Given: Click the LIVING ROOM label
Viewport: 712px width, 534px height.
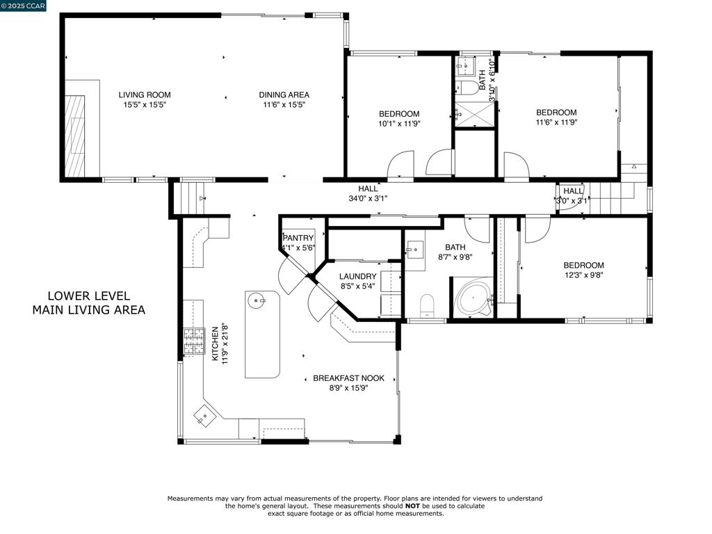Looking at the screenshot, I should (144, 95).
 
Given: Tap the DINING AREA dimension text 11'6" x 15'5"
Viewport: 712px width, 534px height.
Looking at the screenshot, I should (284, 105).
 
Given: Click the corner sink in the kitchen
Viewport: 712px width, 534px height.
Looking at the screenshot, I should (205, 416).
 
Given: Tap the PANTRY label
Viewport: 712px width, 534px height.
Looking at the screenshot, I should (298, 238).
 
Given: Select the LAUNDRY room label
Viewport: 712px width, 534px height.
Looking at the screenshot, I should (357, 277).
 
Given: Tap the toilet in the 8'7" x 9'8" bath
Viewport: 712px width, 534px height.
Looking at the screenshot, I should (427, 305).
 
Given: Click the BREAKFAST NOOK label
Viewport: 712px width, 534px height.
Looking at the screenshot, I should (348, 378).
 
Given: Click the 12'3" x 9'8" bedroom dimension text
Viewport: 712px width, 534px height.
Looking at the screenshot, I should (583, 275).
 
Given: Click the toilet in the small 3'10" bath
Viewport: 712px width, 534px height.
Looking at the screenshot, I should (469, 87).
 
